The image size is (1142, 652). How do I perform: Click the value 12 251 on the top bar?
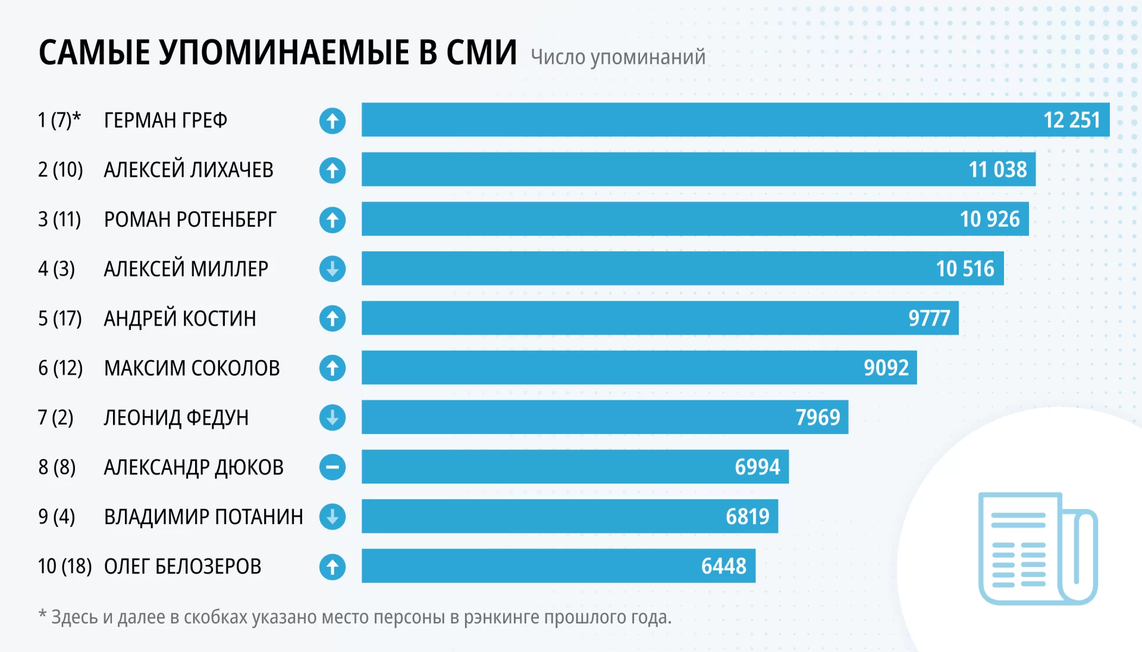[1071, 120]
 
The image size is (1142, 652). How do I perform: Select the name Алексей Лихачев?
[189, 170]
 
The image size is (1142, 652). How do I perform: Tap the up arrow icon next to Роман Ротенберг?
[332, 220]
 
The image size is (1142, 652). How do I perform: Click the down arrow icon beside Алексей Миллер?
[332, 269]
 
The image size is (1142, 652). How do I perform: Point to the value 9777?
[929, 319]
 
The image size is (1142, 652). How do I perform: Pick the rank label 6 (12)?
[60, 368]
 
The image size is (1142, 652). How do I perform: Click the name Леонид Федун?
[176, 418]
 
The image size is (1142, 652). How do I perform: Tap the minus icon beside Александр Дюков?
[332, 467]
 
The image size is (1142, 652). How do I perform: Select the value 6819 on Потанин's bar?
[747, 516]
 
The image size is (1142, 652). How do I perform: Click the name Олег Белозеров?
[183, 566]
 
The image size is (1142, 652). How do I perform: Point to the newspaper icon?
[1037, 548]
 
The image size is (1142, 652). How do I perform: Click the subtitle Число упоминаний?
[617, 57]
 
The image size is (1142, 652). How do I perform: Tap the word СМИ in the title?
[481, 52]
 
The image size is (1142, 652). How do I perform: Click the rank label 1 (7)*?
[59, 120]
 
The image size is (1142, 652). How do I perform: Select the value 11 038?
[997, 170]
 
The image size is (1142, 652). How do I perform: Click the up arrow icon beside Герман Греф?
[332, 121]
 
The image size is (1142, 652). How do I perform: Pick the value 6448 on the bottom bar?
[723, 566]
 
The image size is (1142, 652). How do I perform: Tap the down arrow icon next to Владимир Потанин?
[332, 517]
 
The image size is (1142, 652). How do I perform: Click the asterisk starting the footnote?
[42, 614]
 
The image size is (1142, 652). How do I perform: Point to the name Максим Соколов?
[192, 369]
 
